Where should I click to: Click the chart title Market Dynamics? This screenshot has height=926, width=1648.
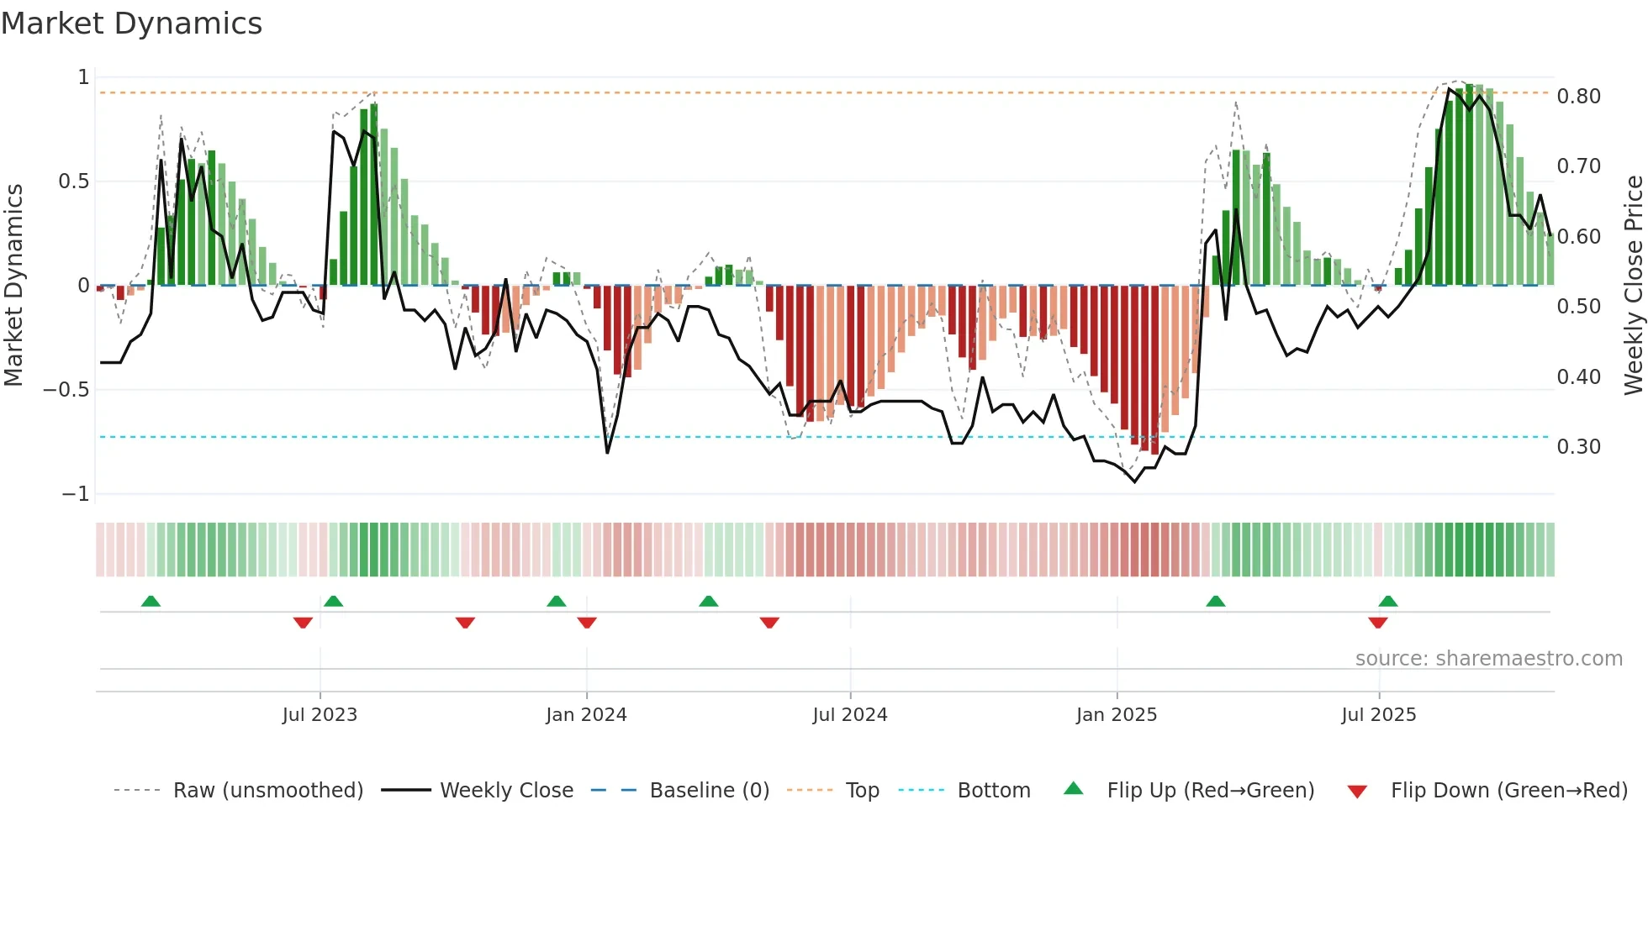point(132,24)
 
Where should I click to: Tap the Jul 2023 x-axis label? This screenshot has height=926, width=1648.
point(320,715)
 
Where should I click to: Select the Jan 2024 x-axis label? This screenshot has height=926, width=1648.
point(586,715)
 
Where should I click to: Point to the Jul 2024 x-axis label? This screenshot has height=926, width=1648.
point(850,715)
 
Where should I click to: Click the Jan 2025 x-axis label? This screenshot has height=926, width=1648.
point(1117,715)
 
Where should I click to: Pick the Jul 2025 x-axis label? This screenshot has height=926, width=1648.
point(1379,715)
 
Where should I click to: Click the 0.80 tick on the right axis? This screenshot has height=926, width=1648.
point(1578,97)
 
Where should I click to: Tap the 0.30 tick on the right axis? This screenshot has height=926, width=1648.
point(1578,447)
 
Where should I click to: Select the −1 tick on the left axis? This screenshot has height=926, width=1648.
point(76,494)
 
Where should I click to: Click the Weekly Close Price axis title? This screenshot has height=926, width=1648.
point(1633,285)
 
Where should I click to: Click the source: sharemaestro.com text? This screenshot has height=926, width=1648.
point(1488,659)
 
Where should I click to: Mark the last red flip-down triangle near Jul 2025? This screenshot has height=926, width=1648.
point(1377,623)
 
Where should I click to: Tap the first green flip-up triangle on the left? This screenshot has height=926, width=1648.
point(151,601)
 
